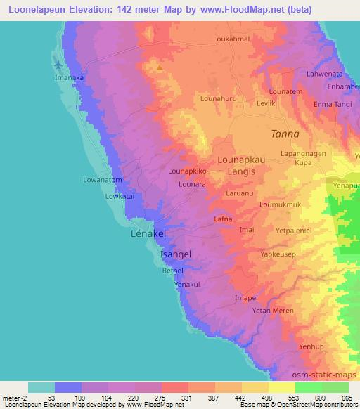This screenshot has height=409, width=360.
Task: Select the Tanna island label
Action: click(285, 134)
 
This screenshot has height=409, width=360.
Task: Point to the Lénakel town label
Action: click(149, 233)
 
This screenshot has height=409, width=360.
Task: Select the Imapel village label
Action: click(246, 298)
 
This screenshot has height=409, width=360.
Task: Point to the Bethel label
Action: click(172, 270)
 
